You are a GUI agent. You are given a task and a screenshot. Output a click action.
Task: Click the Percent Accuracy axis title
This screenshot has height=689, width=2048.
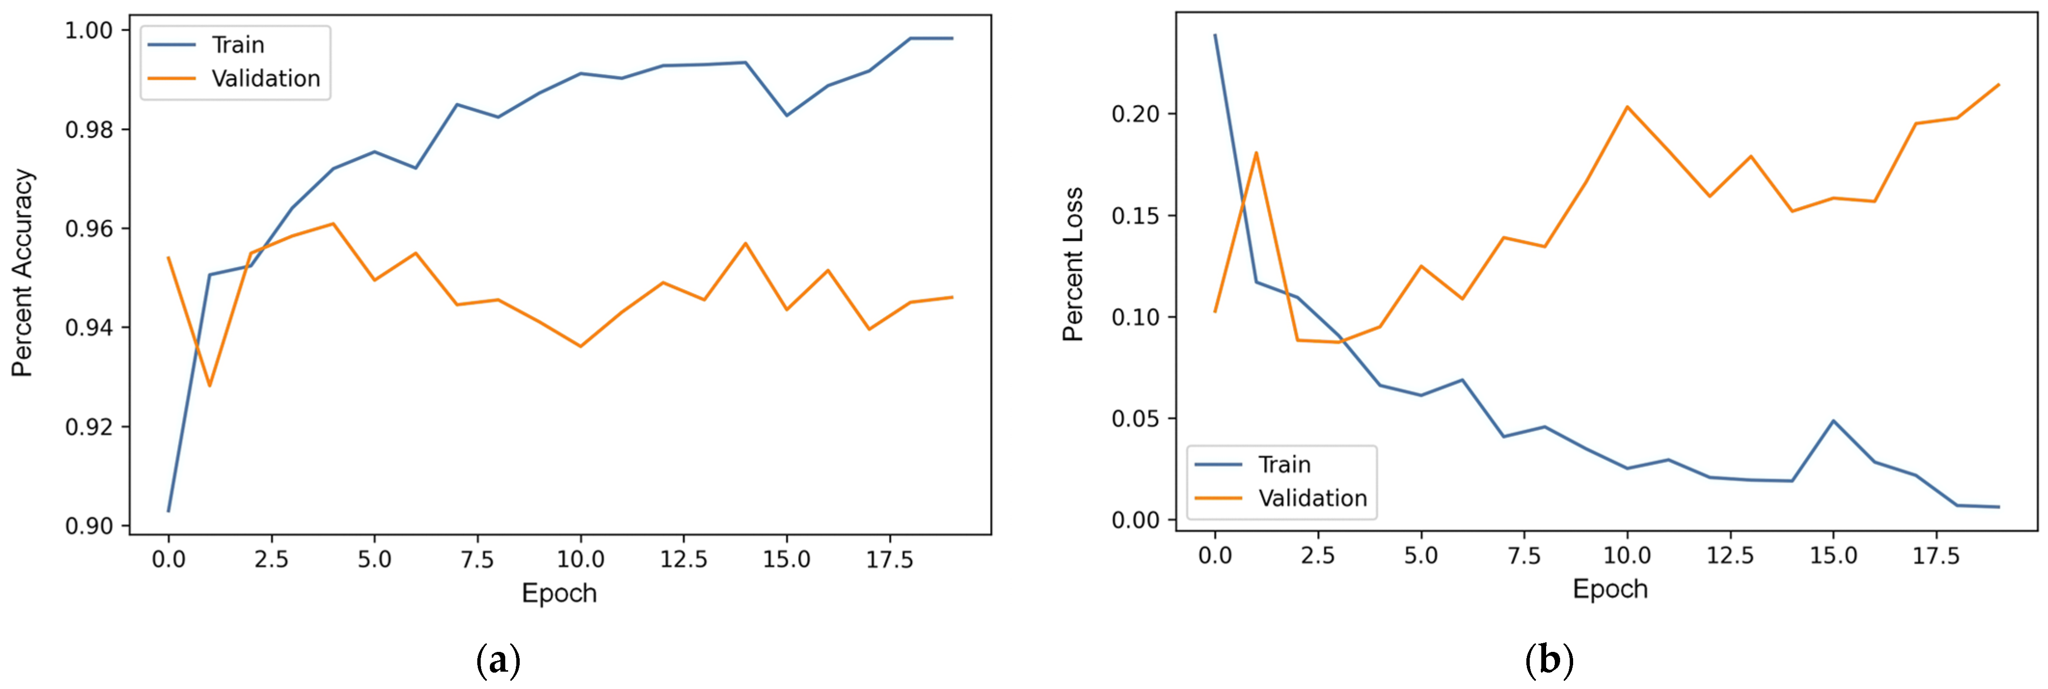pyautogui.click(x=22, y=273)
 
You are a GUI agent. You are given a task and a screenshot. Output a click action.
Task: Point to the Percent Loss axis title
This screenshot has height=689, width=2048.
pyautogui.click(x=1073, y=265)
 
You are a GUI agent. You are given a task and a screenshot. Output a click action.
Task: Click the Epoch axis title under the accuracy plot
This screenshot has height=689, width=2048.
pyautogui.click(x=559, y=593)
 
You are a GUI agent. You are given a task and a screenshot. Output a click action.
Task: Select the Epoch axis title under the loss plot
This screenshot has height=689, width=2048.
pyautogui.click(x=1610, y=589)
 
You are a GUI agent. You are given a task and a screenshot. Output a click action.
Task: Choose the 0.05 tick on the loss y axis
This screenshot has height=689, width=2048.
pyautogui.click(x=1135, y=419)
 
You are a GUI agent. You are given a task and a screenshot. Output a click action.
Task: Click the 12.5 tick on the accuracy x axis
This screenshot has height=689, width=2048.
pyautogui.click(x=683, y=559)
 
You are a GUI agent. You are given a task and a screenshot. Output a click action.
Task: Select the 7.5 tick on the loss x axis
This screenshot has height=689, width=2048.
pyautogui.click(x=1523, y=556)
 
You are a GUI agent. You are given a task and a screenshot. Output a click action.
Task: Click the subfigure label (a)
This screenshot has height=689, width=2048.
pyautogui.click(x=499, y=661)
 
